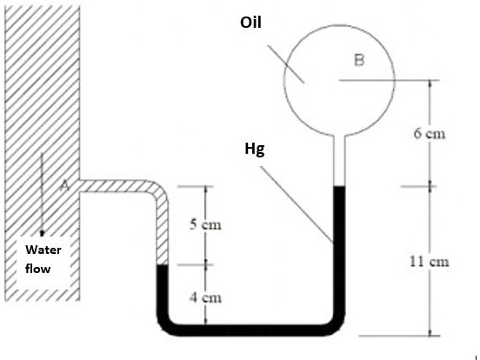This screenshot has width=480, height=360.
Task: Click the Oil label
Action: point(250,23)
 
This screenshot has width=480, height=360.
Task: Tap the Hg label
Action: point(255,150)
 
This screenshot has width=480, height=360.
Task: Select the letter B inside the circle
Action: point(359,60)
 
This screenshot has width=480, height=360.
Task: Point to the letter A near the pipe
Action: point(64,185)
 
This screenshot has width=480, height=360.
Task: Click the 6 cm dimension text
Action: point(430,133)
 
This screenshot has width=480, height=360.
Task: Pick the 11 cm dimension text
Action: point(430,262)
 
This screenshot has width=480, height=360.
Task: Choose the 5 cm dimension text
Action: point(205,224)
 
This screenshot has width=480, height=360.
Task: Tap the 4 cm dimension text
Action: point(205,297)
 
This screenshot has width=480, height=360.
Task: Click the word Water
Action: point(43,250)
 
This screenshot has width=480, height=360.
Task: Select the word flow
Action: point(38,269)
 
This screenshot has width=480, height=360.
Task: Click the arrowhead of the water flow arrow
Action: point(42,233)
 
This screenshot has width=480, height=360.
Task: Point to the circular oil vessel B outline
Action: point(284,80)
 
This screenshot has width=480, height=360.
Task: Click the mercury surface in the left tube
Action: point(163,265)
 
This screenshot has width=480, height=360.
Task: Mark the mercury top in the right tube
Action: point(339,186)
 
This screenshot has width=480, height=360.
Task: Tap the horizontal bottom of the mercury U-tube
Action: point(251,330)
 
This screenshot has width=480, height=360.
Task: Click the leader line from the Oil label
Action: point(286,64)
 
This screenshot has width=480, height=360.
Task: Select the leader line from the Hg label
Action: point(297,204)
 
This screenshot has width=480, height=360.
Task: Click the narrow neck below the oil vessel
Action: point(339,160)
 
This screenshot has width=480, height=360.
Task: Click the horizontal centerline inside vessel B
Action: point(367,81)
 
